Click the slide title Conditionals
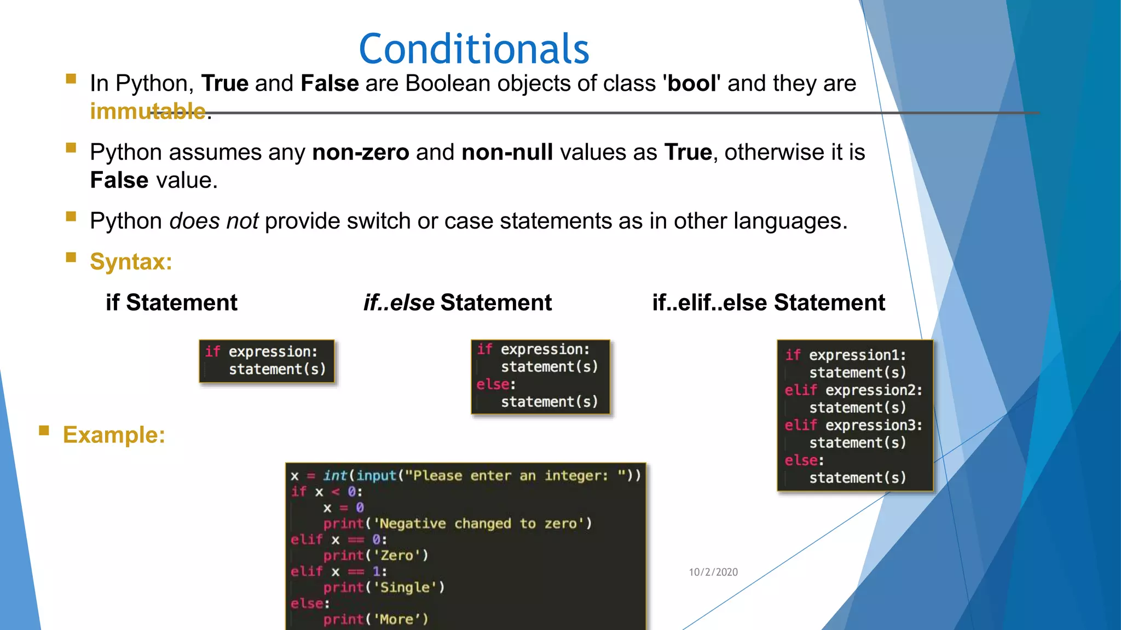(x=473, y=49)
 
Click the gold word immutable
(x=148, y=112)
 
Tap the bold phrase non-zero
(x=360, y=153)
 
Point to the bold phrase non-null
(x=507, y=153)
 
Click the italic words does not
(x=213, y=221)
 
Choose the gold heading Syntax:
(x=131, y=262)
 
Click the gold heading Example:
(x=114, y=435)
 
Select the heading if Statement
(x=171, y=302)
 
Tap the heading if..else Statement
(x=458, y=302)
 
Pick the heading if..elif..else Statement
(x=768, y=302)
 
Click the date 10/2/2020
(x=713, y=572)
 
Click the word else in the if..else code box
(x=493, y=384)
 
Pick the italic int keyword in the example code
(x=334, y=476)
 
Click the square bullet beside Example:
(x=44, y=430)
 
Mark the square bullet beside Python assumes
(x=71, y=148)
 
